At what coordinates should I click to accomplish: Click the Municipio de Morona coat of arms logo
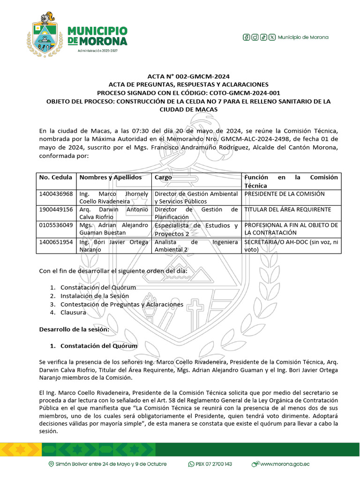point(47,34)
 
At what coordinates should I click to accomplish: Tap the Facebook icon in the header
point(246,37)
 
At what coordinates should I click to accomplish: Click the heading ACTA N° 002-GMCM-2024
point(188,76)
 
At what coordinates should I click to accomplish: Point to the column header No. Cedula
point(56,177)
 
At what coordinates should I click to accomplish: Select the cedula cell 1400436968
point(56,194)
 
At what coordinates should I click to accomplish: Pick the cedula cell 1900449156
point(56,209)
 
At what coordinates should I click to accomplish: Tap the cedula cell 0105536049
point(56,225)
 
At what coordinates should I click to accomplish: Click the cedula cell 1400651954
point(56,241)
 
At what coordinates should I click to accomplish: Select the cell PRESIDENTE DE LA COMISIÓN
point(285,194)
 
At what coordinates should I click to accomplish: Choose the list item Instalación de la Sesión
point(94,296)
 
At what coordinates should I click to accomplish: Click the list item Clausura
point(73,312)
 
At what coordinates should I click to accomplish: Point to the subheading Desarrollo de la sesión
point(74,329)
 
